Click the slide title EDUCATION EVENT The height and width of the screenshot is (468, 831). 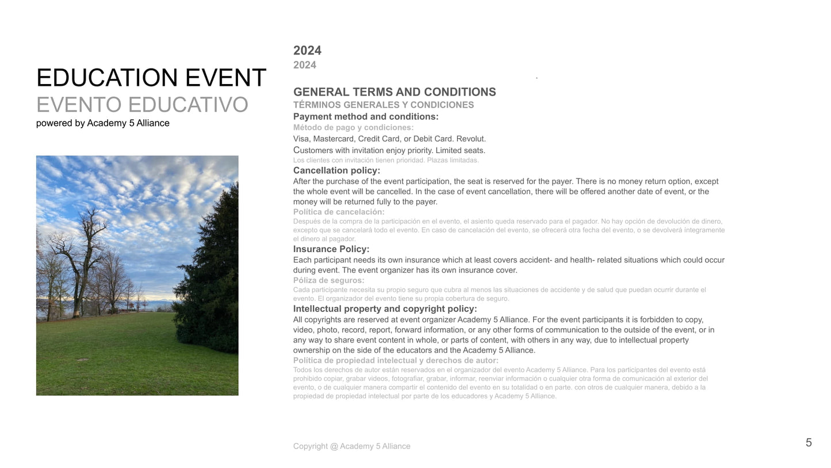click(151, 78)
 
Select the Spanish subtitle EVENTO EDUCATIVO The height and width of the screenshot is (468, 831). click(142, 105)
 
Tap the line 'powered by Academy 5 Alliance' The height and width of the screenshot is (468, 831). click(102, 123)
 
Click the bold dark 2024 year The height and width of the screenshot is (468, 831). click(307, 51)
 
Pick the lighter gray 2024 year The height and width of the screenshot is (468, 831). click(305, 65)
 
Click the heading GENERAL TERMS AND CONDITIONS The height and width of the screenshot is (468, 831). click(395, 92)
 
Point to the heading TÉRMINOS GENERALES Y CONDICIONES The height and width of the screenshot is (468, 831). click(384, 105)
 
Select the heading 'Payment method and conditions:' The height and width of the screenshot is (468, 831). click(366, 117)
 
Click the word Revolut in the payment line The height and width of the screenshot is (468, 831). click(471, 139)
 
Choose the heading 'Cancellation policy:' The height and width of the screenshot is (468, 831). click(336, 170)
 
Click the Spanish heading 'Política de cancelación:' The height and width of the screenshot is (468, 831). click(339, 212)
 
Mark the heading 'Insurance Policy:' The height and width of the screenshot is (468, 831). click(331, 249)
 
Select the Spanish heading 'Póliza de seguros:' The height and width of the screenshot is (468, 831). click(328, 280)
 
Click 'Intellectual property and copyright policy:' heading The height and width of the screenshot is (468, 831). click(385, 309)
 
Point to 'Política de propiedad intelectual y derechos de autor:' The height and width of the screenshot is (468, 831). click(396, 360)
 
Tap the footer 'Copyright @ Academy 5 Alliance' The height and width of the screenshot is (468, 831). click(351, 446)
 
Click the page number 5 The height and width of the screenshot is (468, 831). click(809, 443)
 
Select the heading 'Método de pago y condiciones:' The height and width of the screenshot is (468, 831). click(353, 127)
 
